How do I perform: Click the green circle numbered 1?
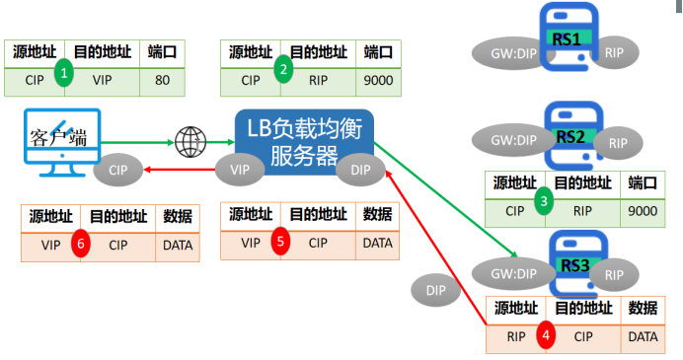(64, 72)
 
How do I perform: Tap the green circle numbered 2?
(283, 69)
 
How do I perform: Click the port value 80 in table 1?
(163, 80)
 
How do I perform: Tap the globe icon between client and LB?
(189, 142)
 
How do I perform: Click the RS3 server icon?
(572, 264)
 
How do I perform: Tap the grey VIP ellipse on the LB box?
(240, 170)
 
